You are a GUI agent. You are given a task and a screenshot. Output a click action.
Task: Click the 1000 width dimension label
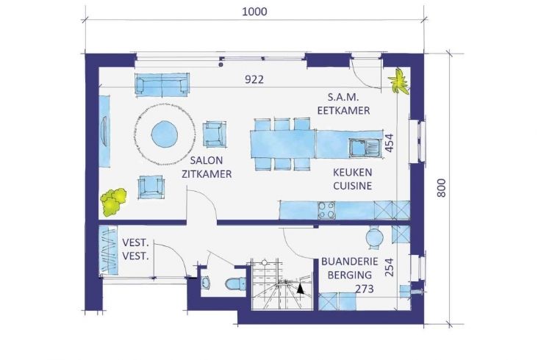pos(254,11)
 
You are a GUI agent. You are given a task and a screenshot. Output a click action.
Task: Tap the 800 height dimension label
pos(441,188)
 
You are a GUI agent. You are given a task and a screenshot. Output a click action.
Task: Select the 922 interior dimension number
pos(254,79)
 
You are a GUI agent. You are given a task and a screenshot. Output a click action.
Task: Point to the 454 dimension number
pos(389,143)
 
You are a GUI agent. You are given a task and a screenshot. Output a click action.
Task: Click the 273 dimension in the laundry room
pos(365,288)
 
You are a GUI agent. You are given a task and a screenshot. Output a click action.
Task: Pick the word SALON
pos(207,160)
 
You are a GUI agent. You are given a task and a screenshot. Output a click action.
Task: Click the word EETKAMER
pos(344,110)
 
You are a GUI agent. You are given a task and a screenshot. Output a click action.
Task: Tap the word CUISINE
pos(352,186)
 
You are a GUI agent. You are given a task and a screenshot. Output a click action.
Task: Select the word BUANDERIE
pos(349,261)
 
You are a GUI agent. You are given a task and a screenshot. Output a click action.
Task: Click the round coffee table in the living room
pos(165,134)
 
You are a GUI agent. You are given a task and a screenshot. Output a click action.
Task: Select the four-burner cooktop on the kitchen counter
pos(326,210)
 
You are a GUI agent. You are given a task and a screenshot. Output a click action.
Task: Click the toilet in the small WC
pos(236,284)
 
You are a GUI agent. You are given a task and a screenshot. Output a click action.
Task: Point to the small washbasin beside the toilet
pos(205,283)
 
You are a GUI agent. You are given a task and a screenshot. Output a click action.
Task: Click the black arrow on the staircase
pos(301,289)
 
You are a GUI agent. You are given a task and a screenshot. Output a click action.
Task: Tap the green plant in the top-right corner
pos(399,82)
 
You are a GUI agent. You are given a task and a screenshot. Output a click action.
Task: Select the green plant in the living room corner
pos(113,202)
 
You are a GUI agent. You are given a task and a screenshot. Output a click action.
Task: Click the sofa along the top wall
pos(162,84)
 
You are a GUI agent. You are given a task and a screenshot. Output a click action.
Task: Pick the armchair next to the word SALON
pos(215,134)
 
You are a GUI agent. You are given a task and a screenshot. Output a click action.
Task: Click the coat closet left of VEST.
pos(108,250)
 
